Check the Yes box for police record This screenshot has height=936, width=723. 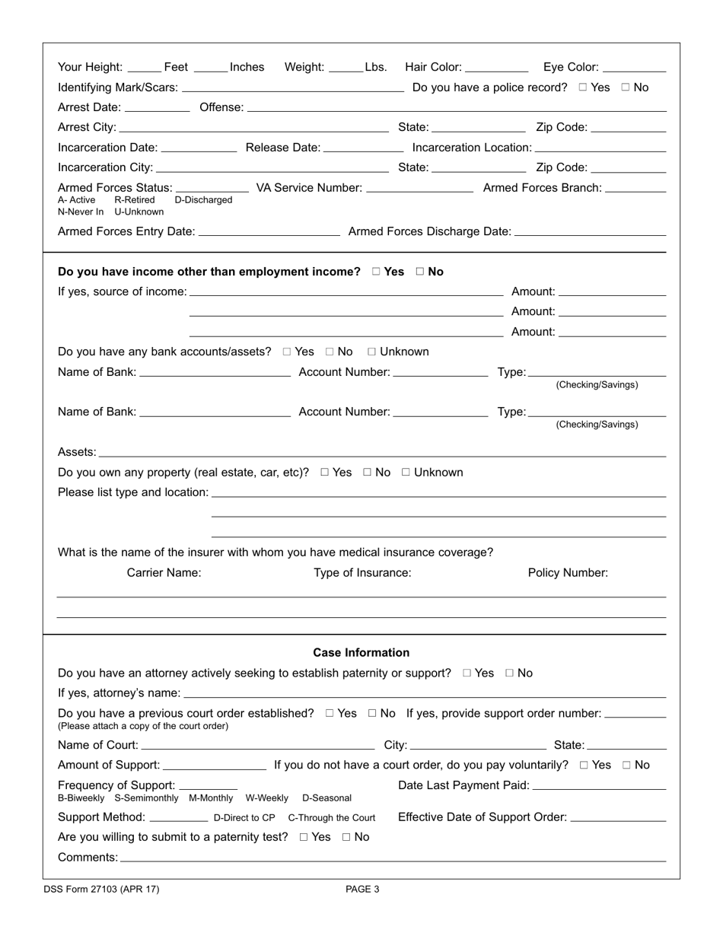pyautogui.click(x=583, y=88)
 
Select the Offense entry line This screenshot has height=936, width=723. pyautogui.click(x=457, y=107)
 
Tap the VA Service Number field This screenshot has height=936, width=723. pyautogui.click(x=419, y=188)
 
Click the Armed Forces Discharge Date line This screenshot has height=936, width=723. pyautogui.click(x=590, y=231)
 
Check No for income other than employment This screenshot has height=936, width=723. pyautogui.click(x=420, y=272)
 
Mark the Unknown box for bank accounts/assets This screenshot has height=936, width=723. pyautogui.click(x=372, y=352)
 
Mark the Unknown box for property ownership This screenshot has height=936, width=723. pyautogui.click(x=406, y=473)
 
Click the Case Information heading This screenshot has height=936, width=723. pyautogui.click(x=361, y=653)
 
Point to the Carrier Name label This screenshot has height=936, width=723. pyautogui.click(x=164, y=573)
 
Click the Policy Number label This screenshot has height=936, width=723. pyautogui.click(x=568, y=573)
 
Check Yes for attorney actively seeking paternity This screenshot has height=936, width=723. pyautogui.click(x=467, y=673)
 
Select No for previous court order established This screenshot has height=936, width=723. pyautogui.click(x=373, y=714)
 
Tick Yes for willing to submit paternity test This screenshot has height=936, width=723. pyautogui.click(x=304, y=837)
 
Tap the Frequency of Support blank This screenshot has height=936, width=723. pyautogui.click(x=208, y=785)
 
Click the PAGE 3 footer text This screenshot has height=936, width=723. pyautogui.click(x=362, y=889)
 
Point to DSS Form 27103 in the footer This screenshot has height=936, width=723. pyautogui.click(x=101, y=889)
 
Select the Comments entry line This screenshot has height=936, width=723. pyautogui.click(x=392, y=858)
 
